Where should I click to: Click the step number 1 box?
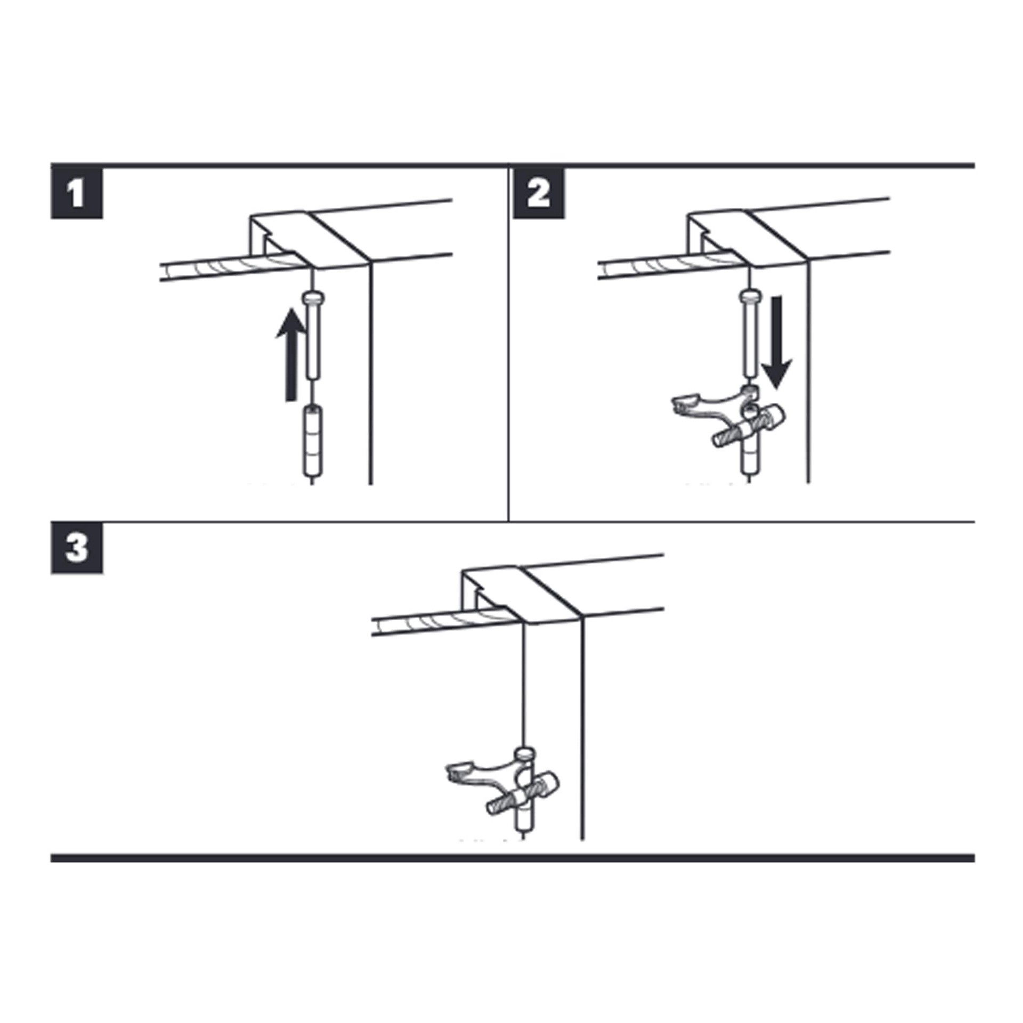point(77,193)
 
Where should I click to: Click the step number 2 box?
point(539,193)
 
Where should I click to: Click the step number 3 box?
point(77,548)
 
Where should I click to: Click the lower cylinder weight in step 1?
point(312,441)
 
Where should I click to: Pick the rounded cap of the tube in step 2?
point(750,295)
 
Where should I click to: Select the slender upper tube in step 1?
point(313,341)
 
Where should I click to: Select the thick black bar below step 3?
point(511,858)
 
